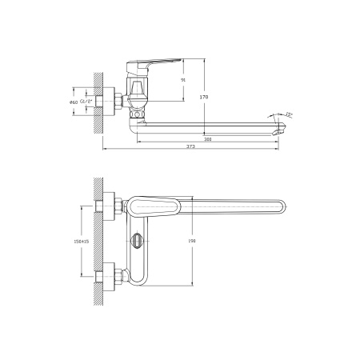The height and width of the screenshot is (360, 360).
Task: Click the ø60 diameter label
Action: coord(74,101)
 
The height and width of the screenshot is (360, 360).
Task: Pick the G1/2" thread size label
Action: coord(85,101)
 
